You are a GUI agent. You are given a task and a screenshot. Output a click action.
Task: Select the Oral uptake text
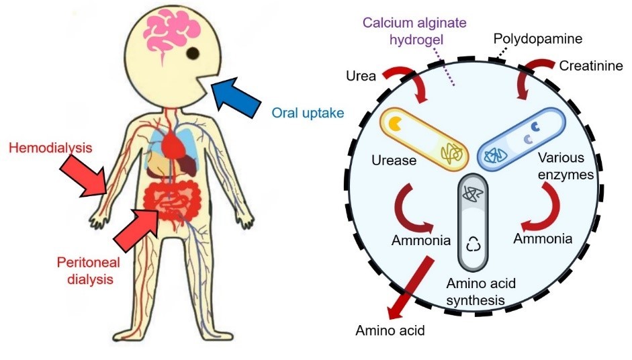pyautogui.click(x=308, y=112)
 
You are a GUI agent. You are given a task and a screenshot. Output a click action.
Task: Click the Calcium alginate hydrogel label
pyautogui.click(x=414, y=30)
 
